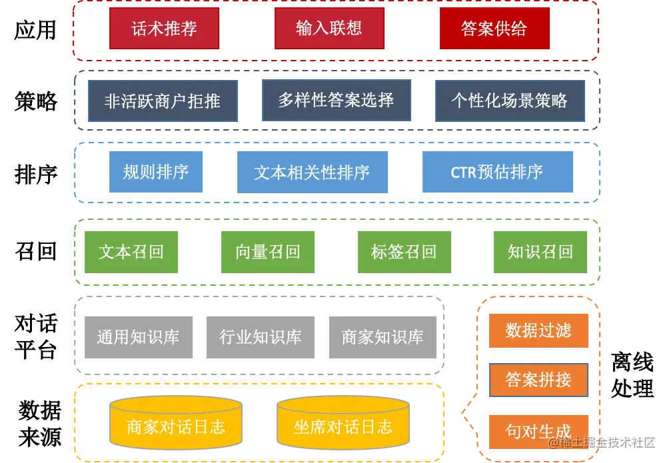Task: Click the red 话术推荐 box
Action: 164,29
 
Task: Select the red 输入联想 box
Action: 329,29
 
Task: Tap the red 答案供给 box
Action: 494,29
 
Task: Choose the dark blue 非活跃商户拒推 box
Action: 163,101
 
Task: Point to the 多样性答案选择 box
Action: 336,100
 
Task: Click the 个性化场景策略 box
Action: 510,101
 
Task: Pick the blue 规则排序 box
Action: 157,173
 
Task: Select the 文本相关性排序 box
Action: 312,173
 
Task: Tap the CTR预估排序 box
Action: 498,173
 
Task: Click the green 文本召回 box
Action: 131,252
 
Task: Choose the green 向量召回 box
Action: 269,252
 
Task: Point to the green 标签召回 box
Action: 404,252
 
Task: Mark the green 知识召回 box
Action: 540,252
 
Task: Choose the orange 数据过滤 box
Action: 538,331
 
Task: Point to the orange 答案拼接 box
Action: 538,380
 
